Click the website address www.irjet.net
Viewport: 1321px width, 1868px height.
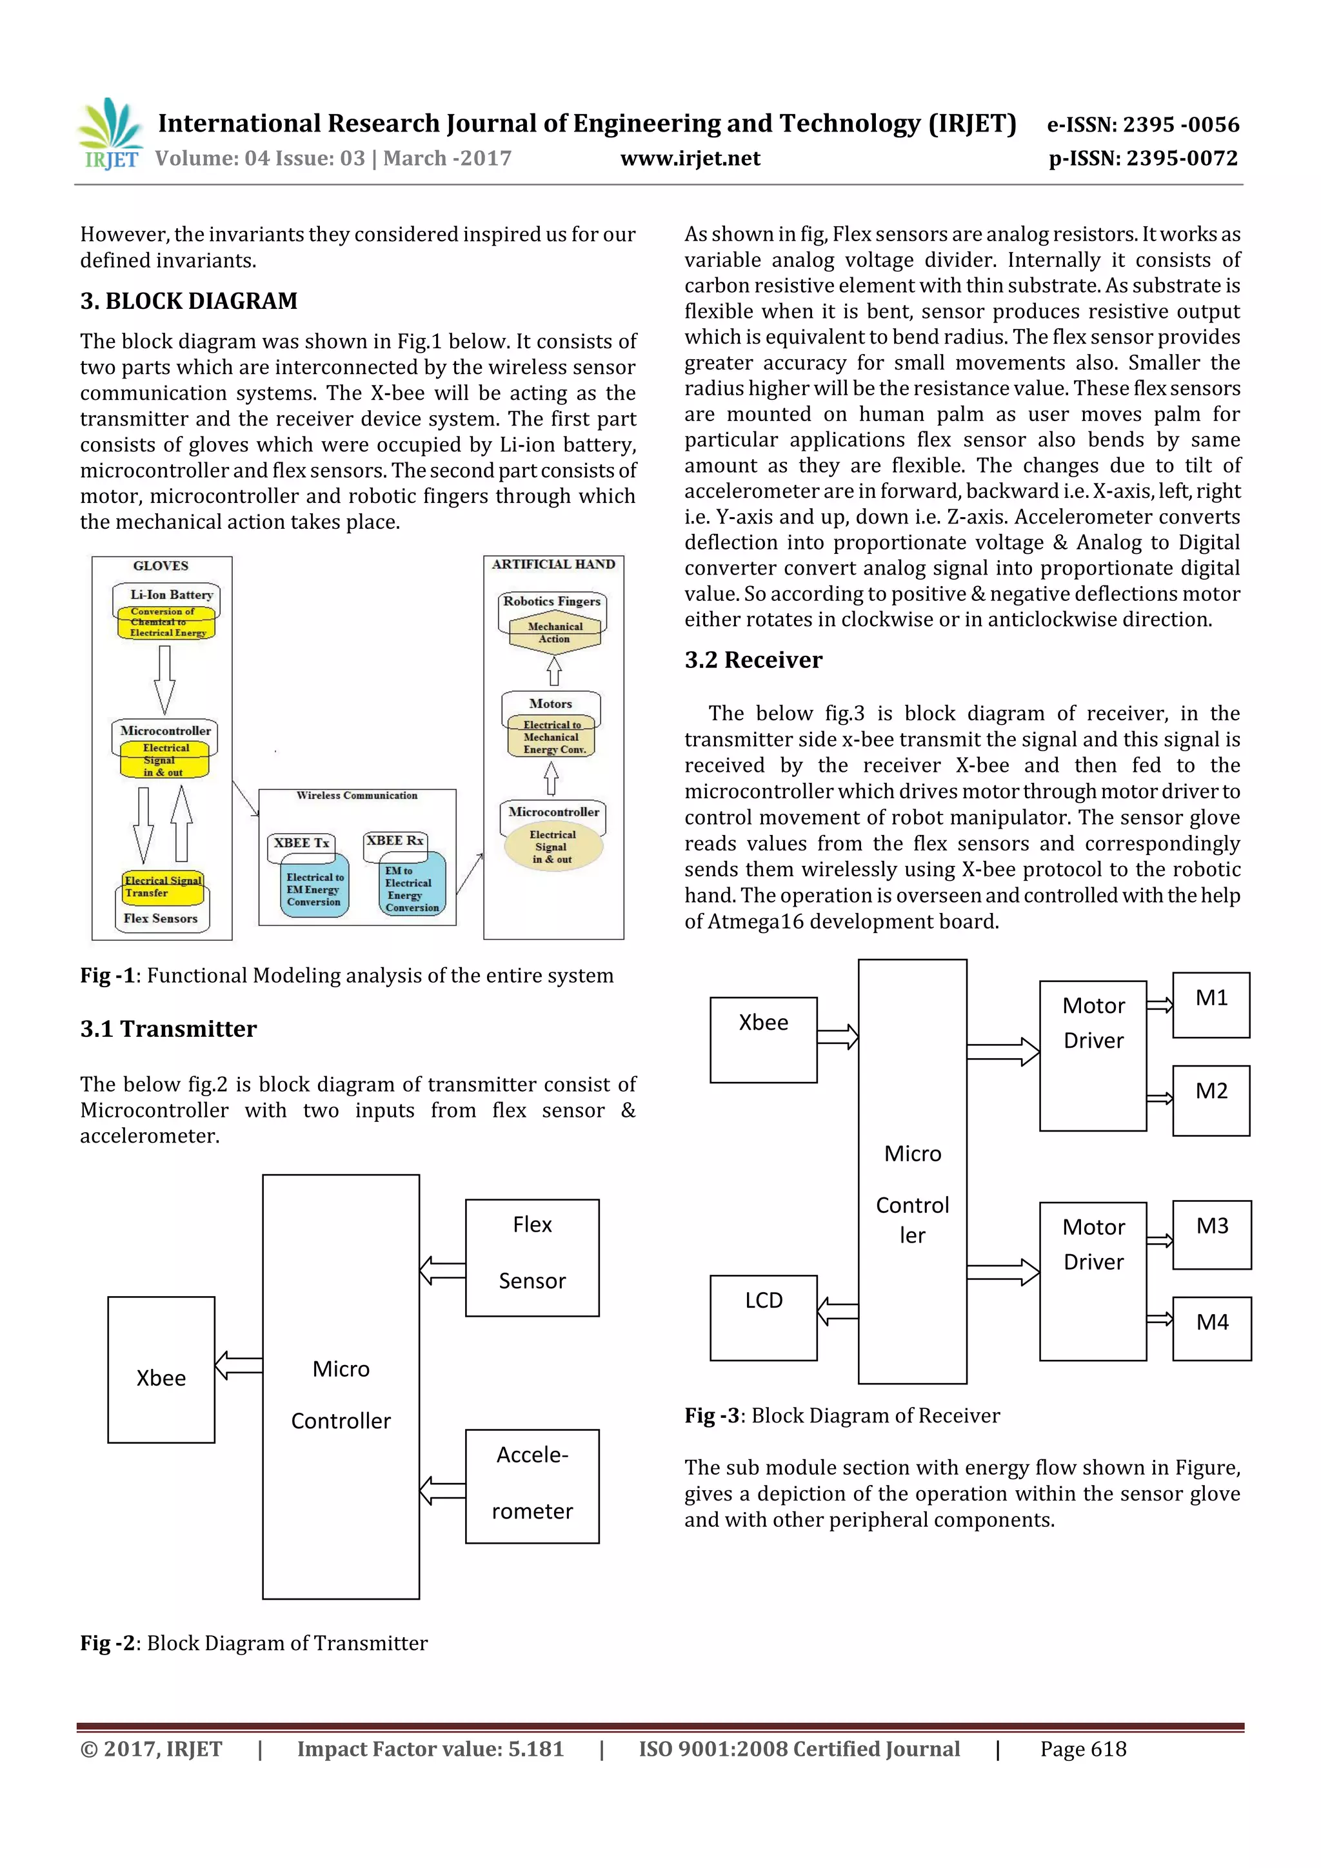tap(690, 158)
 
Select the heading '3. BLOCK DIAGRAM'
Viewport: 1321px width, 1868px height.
tap(189, 301)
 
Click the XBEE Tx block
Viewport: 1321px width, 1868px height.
tap(302, 843)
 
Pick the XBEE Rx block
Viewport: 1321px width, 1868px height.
tap(395, 840)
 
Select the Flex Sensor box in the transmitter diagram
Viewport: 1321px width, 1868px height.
tap(532, 1258)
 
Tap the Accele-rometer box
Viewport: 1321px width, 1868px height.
tap(532, 1486)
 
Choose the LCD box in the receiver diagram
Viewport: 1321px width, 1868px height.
tap(764, 1317)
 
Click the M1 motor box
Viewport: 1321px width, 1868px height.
tap(1211, 1005)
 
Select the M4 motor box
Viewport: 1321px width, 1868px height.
tap(1212, 1328)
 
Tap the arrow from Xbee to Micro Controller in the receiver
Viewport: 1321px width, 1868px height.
tap(837, 1036)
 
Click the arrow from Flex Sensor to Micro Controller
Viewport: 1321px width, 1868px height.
tap(442, 1270)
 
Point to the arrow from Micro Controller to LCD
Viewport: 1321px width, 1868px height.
tap(837, 1312)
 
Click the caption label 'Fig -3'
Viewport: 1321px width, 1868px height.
tap(711, 1415)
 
